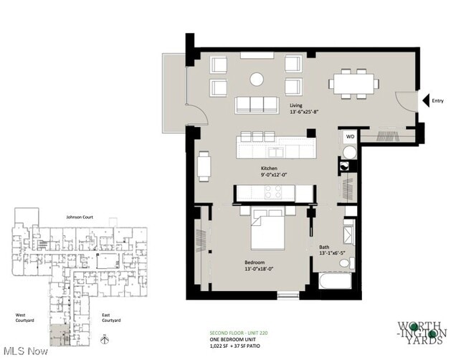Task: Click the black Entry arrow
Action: coord(424,100)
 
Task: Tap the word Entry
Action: coord(437,101)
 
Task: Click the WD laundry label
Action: coord(350,136)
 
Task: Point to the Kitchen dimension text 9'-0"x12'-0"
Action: coord(272,174)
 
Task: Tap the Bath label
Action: coord(324,247)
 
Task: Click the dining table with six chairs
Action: coord(354,83)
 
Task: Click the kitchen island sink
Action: coord(276,151)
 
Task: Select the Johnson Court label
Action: coord(80,215)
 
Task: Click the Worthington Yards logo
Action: coord(422,332)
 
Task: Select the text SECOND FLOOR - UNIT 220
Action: coord(238,332)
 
